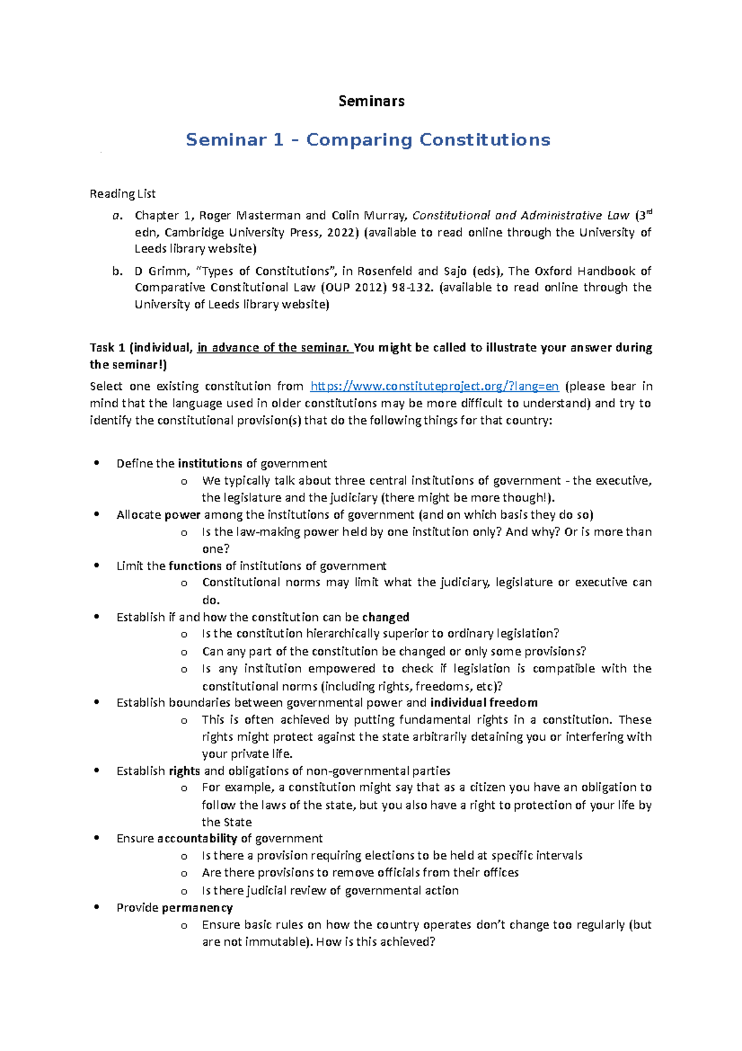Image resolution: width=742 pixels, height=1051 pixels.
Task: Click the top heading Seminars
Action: (x=371, y=101)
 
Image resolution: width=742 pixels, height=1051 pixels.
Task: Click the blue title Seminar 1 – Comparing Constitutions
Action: (x=368, y=140)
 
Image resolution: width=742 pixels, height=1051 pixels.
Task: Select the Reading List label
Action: (x=122, y=194)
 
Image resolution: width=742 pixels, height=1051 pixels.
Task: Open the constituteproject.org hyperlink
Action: (x=434, y=386)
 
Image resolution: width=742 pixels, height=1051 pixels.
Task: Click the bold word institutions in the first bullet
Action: (x=210, y=464)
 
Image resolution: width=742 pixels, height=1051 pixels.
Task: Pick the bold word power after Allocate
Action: (x=182, y=515)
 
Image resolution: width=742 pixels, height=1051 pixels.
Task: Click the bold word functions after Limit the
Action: (x=195, y=566)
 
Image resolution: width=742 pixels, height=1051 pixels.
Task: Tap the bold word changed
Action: (x=386, y=617)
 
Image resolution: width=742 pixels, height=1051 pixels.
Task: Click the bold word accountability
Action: (x=197, y=838)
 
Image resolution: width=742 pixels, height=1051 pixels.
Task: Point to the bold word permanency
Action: (x=197, y=907)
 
